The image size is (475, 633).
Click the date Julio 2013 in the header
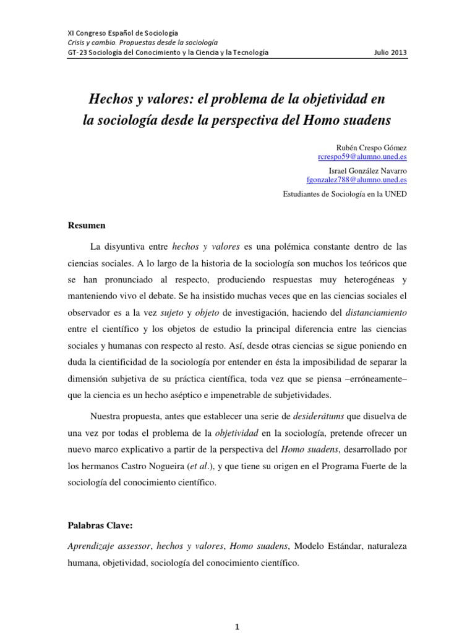pyautogui.click(x=391, y=53)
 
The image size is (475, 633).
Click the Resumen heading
pyautogui.click(x=87, y=225)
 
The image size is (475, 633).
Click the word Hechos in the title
pyautogui.click(x=113, y=98)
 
